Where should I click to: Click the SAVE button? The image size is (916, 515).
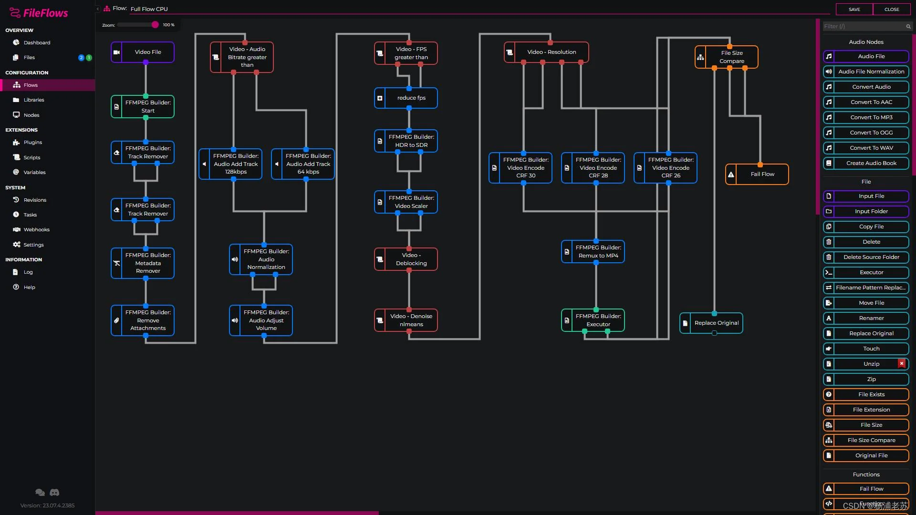point(854,10)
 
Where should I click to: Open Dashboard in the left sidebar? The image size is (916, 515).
point(37,42)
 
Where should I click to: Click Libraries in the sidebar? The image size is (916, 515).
point(34,100)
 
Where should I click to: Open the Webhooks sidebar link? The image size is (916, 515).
point(36,229)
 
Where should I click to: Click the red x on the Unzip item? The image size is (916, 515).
point(902,363)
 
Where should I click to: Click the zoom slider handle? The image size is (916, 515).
point(155,25)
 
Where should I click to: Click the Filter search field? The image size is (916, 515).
point(864,26)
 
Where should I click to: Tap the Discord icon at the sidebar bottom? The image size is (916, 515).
point(55,492)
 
